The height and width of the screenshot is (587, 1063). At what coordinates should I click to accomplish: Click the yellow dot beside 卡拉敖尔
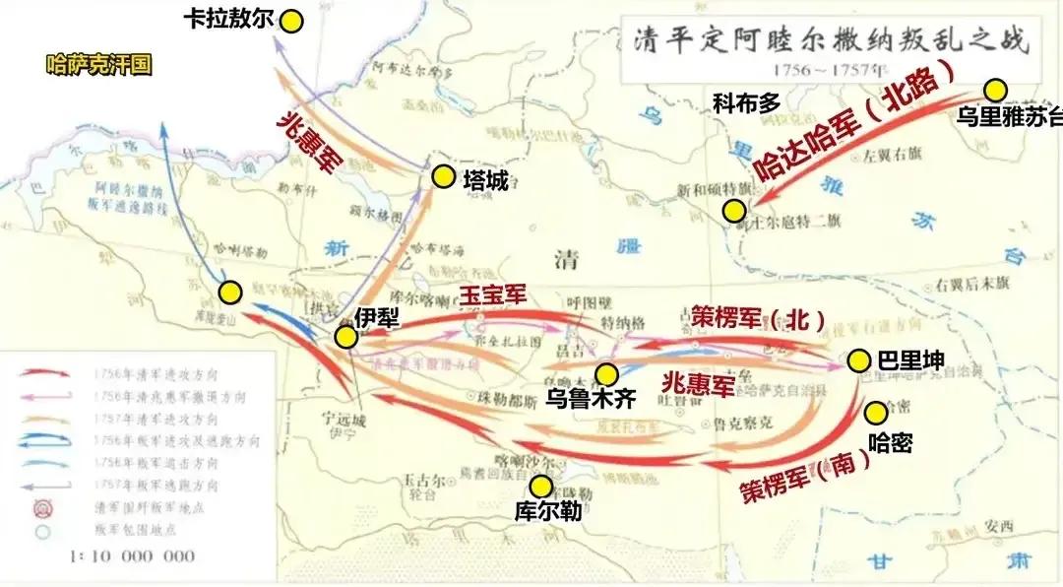tap(291, 21)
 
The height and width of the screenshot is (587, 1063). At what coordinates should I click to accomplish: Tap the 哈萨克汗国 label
tap(98, 66)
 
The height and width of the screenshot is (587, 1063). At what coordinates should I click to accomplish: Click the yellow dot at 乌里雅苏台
tap(997, 91)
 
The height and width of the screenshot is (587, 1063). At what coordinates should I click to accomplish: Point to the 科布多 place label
tap(745, 99)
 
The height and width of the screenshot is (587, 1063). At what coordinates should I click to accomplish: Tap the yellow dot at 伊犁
tap(345, 337)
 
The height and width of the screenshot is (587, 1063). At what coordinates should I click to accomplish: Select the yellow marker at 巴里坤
tap(859, 360)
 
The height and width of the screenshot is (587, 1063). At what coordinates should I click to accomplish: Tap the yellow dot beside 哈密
tap(874, 411)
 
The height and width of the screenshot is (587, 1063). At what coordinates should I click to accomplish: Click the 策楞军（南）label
tap(805, 475)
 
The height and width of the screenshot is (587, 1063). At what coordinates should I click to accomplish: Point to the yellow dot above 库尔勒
tap(540, 487)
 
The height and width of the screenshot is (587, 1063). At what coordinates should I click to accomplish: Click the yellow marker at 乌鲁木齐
tap(607, 373)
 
